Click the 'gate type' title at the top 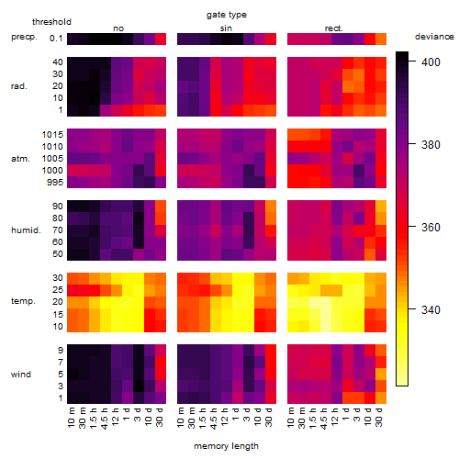click(227, 15)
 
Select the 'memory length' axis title click(226, 446)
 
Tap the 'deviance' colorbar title click(434, 37)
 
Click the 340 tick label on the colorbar click(431, 310)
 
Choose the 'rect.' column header click(333, 28)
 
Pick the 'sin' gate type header click(226, 28)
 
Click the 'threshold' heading click(51, 22)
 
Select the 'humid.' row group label click(26, 230)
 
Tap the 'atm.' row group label click(20, 159)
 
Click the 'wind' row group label click(21, 375)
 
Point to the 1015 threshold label click(52, 135)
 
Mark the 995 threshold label click(55, 183)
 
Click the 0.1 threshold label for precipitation click(56, 39)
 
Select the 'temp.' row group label click(23, 301)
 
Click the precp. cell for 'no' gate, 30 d click(161, 39)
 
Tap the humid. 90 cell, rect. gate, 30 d click(381, 207)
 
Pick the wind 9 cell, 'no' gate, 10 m click(73, 350)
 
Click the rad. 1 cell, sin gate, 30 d click(271, 110)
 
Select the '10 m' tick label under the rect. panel click(291, 417)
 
